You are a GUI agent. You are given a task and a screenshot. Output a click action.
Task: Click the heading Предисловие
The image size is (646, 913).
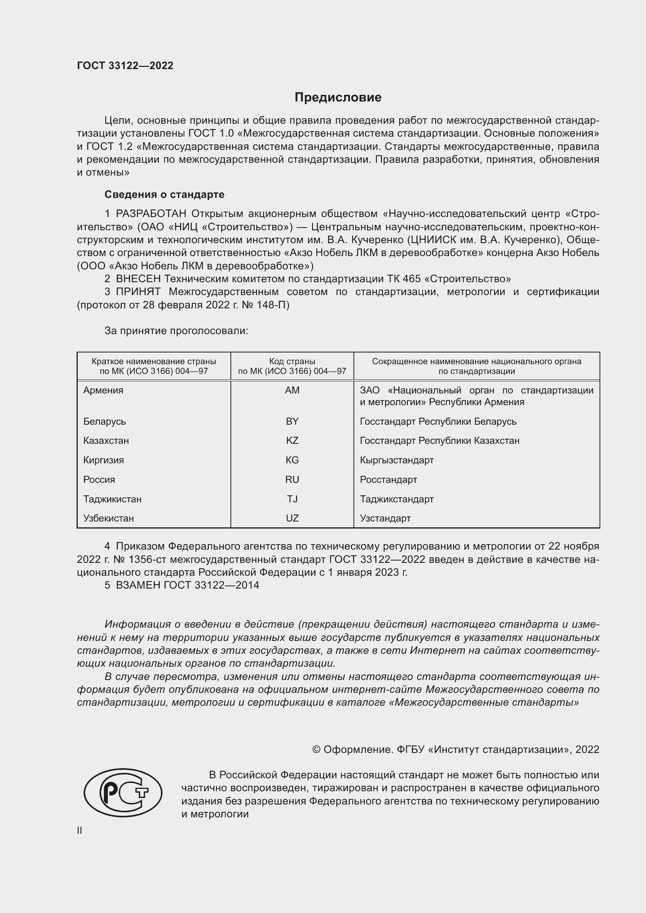coord(338,98)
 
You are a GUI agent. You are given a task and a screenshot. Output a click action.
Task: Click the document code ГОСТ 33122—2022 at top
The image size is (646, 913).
coord(125,66)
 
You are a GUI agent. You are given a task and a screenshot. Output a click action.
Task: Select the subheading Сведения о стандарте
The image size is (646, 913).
coord(164,194)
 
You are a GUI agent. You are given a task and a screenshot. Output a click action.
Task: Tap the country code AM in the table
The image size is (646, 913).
coord(292,390)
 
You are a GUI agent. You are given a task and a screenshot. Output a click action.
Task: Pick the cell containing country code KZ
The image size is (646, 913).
coord(292,441)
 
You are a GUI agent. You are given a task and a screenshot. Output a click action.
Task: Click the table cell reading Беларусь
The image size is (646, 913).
coord(105,421)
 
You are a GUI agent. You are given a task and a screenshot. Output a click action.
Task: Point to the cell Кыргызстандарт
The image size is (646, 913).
coord(396,460)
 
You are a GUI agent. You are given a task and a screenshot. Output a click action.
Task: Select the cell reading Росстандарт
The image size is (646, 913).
coord(388,480)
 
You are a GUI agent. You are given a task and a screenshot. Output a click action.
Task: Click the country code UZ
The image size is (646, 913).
coord(292,518)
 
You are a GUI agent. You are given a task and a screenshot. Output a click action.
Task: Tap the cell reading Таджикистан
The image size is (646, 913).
coord(112,499)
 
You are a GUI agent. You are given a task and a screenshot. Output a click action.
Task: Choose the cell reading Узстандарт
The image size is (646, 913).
coord(385,518)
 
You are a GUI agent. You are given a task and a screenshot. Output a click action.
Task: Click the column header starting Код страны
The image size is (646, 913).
coord(292,366)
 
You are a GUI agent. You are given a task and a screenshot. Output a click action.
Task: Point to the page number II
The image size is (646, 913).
coord(80,830)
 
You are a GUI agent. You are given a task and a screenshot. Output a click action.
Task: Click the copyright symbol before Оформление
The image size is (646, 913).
coord(316,749)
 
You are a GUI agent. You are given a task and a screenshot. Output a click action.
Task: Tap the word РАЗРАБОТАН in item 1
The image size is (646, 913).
coord(151,214)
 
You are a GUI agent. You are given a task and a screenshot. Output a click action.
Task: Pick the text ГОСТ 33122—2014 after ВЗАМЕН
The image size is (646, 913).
coord(211,585)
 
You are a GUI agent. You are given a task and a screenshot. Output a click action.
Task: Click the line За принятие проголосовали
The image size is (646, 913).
coord(176,331)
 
